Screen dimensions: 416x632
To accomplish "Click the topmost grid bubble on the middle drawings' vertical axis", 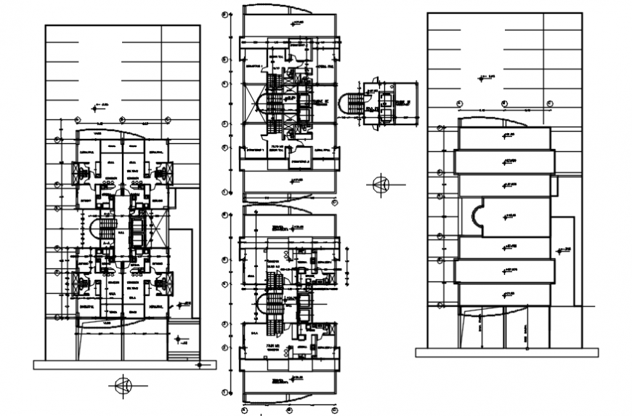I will [225, 12].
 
